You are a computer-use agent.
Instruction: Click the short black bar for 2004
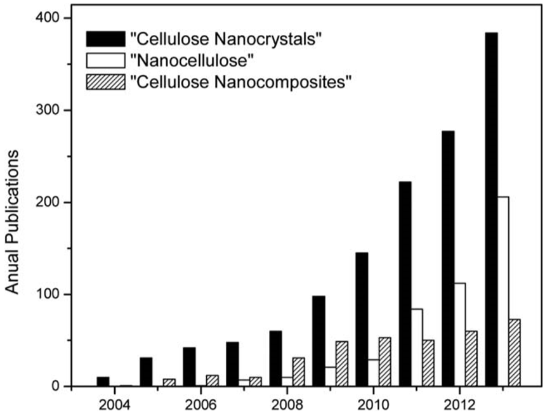[103, 381]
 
